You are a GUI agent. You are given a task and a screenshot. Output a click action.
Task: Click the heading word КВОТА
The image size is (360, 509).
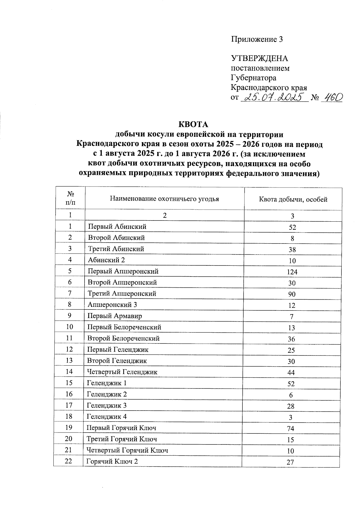click(x=193, y=124)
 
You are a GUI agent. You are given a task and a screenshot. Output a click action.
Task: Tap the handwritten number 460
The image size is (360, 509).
click(x=331, y=97)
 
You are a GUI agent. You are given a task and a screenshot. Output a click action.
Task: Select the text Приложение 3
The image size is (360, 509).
click(x=257, y=39)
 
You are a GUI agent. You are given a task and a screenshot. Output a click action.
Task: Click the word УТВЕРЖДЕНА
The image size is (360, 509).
click(x=259, y=58)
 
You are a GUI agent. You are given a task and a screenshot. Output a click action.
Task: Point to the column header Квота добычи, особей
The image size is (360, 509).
click(x=293, y=199)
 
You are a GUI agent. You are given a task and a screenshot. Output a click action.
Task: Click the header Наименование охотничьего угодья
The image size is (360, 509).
click(x=164, y=199)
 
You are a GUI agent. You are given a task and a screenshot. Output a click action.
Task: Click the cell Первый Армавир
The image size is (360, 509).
click(x=115, y=316)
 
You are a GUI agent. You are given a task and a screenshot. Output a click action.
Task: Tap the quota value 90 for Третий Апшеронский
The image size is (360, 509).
click(x=292, y=294)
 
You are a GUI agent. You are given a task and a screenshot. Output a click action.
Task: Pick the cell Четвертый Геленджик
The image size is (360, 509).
click(x=122, y=372)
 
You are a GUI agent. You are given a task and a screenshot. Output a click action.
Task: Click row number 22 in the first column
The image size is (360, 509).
click(x=68, y=461)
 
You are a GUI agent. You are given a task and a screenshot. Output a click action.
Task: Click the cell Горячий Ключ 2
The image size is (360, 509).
click(x=112, y=462)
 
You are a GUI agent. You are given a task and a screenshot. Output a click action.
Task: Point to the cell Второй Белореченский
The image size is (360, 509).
click(x=123, y=338)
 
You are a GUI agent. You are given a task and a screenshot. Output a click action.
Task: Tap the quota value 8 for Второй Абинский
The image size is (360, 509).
click(x=292, y=238)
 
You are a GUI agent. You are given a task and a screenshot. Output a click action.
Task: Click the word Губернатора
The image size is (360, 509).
click(x=253, y=78)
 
